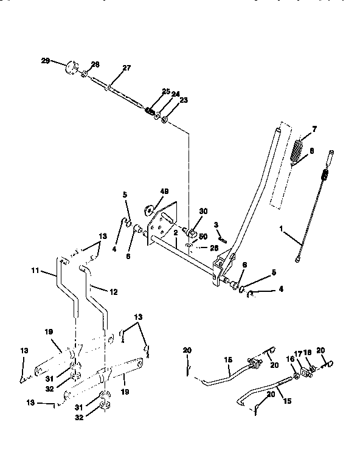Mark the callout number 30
(x=203, y=211)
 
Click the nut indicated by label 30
(x=190, y=232)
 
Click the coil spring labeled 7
(x=298, y=151)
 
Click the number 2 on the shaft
(x=175, y=233)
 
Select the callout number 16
(x=290, y=360)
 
